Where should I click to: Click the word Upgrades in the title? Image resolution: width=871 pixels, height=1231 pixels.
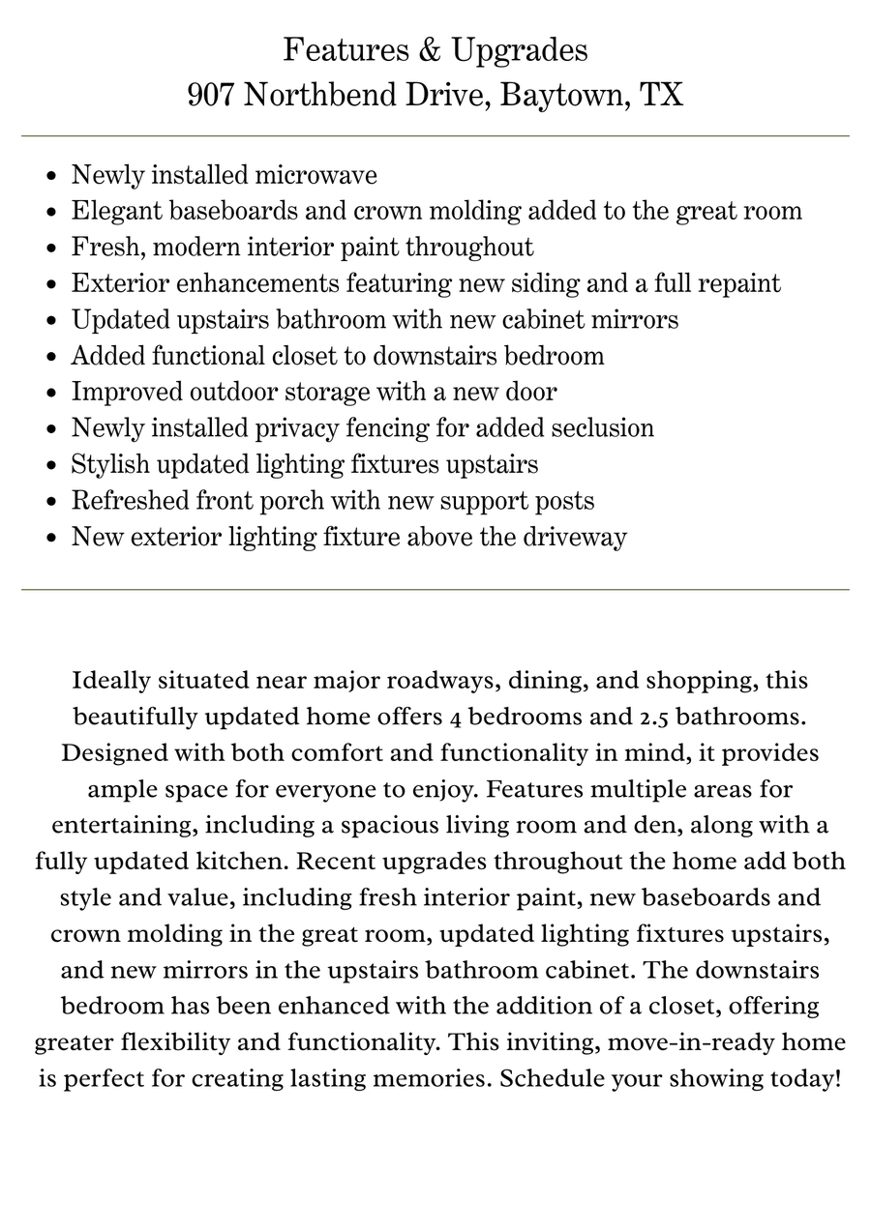point(520,49)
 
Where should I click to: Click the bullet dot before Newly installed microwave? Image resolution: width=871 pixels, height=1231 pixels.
point(51,177)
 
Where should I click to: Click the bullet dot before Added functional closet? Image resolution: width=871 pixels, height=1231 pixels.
point(51,358)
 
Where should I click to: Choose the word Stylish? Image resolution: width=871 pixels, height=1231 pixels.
point(110,464)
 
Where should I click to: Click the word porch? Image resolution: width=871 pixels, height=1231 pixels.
point(291,501)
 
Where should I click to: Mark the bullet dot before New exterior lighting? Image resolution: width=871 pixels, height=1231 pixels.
point(51,539)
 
